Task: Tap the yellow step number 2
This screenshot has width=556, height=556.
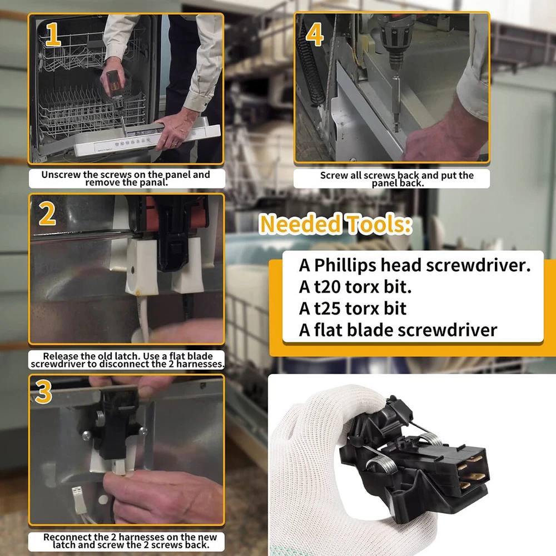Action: coord(47,214)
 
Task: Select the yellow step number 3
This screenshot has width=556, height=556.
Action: coord(43,392)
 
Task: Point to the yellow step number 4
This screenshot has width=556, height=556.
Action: coord(315,34)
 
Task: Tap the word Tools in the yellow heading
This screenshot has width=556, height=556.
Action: coord(379,224)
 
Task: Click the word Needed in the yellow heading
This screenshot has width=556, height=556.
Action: coord(301,224)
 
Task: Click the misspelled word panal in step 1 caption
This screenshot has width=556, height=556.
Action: coord(153,182)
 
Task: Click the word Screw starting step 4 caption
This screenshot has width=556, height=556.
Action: coord(332,176)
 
